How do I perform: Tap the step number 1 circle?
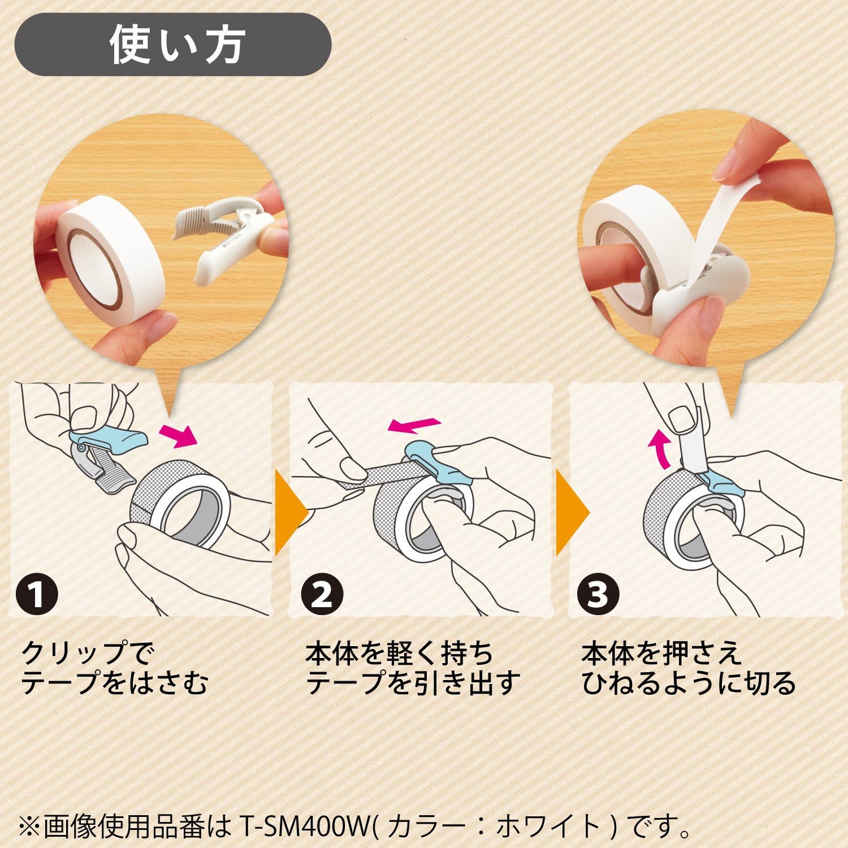pos(37,594)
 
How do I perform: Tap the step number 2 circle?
pos(322,594)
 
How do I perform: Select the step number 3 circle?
pos(598,594)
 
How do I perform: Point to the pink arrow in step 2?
pos(414,424)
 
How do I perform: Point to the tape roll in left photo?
pos(110,263)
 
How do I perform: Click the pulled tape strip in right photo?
pos(715,215)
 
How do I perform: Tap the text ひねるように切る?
pos(688,683)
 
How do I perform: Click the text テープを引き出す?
pos(412,683)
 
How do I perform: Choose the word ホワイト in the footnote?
pos(548,827)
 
